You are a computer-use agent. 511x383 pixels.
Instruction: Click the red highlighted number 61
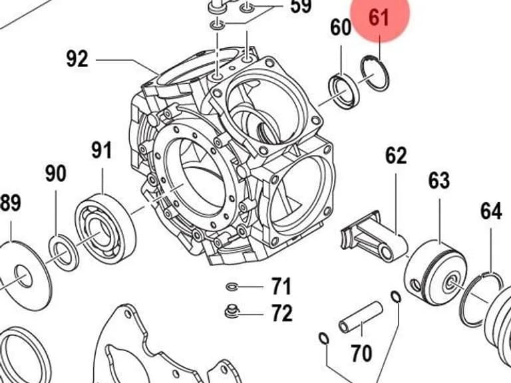coord(379,17)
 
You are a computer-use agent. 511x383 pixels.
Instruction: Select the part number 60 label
coord(341,27)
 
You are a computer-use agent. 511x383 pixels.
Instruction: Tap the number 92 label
coord(77,59)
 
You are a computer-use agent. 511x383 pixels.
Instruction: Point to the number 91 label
coord(101,150)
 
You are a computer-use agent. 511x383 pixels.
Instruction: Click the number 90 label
coord(55,174)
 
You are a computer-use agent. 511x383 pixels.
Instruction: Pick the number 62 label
coord(396,156)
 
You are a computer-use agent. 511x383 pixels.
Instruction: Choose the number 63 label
coord(439,180)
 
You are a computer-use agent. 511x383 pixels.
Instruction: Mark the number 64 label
coord(491,211)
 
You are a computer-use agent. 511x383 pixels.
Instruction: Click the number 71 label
coord(281,287)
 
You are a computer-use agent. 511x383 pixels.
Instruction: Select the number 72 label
coord(282,313)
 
